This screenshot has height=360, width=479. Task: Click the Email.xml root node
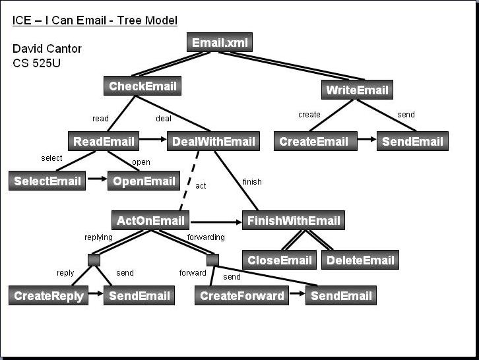coord(219,43)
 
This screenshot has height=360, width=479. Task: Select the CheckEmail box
coord(143,86)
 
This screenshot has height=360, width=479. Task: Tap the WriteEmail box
coord(357,89)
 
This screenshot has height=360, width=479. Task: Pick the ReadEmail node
coord(103,141)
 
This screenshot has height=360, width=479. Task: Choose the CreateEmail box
coord(314,141)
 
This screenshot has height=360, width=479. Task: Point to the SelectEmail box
coord(47,181)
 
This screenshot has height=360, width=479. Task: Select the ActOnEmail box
coord(150,220)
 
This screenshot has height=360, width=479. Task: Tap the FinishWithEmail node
coord(293,220)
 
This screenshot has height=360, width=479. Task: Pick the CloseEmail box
coord(279,260)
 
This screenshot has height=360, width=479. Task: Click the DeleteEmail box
coord(360,260)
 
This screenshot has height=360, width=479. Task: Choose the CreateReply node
coord(49,295)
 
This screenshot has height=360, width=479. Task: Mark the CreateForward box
coord(241,295)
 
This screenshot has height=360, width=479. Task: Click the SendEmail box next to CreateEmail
coord(412,141)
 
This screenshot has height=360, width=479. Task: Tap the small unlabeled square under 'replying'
coord(94,260)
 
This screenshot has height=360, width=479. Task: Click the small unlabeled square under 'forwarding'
coord(212,260)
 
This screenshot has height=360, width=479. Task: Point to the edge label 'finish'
coord(252,181)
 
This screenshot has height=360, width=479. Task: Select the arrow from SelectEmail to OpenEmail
coord(96,179)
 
